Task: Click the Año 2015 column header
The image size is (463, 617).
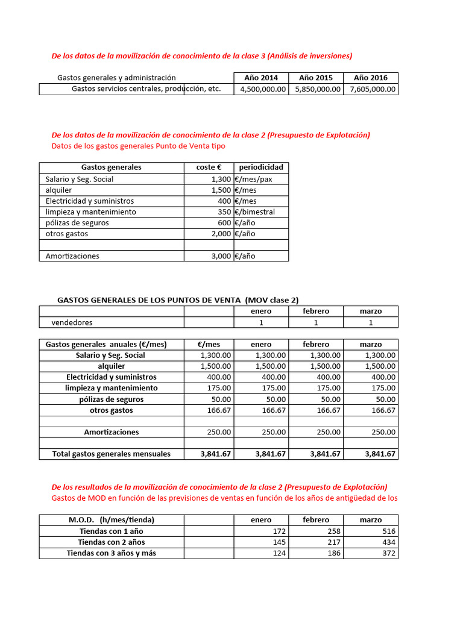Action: pos(315,78)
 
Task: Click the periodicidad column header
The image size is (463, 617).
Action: pos(260,168)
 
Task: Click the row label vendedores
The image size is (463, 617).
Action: pos(72,322)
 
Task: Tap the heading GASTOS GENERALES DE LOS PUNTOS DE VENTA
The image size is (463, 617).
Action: pos(177,300)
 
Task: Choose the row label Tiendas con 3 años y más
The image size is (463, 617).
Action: pos(112,554)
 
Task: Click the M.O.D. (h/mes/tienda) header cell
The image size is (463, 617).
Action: pos(112,520)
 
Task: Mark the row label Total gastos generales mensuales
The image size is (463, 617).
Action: pos(112,454)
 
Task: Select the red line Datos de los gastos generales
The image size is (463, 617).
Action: pos(139,146)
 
